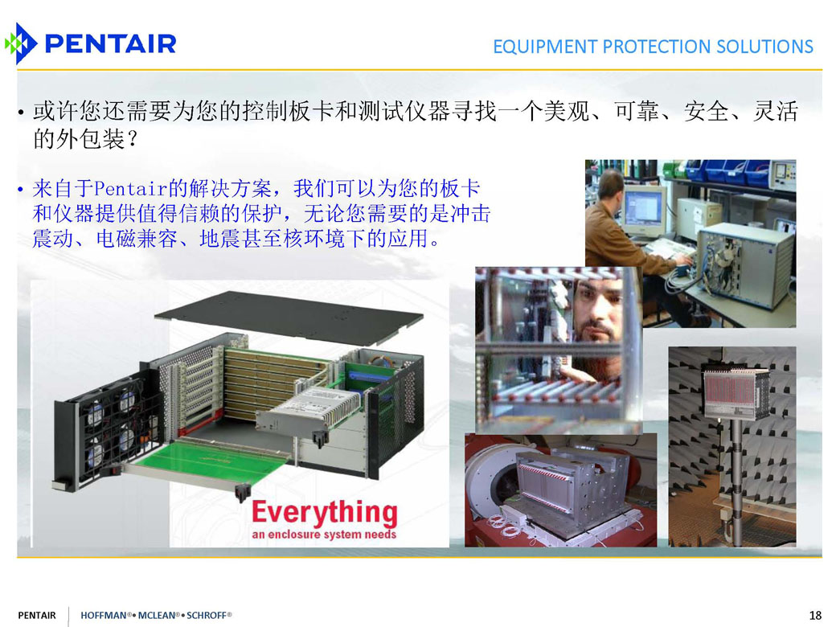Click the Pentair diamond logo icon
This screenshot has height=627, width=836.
coord(20,43)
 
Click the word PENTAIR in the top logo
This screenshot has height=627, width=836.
coord(111,43)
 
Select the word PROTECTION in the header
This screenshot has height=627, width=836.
coord(656,47)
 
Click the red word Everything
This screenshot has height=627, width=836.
coord(324,512)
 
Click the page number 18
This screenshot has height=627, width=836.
coord(815,615)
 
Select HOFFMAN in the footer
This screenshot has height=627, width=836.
coord(104,615)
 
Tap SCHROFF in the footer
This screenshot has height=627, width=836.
coord(207,615)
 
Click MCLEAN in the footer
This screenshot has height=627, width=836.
coord(157,615)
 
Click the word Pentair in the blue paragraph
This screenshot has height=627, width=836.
coord(130,189)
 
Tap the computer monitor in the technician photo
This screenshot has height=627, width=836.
coord(644,210)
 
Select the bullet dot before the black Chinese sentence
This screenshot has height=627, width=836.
coord(21,113)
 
